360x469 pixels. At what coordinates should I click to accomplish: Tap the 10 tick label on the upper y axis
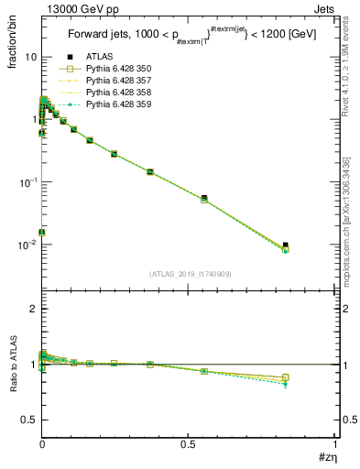point(30,57)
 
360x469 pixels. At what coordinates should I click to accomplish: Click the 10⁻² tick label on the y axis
point(27,245)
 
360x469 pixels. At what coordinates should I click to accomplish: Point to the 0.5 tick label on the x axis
point(188,444)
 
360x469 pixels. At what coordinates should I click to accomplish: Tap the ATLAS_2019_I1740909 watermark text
point(188,274)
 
